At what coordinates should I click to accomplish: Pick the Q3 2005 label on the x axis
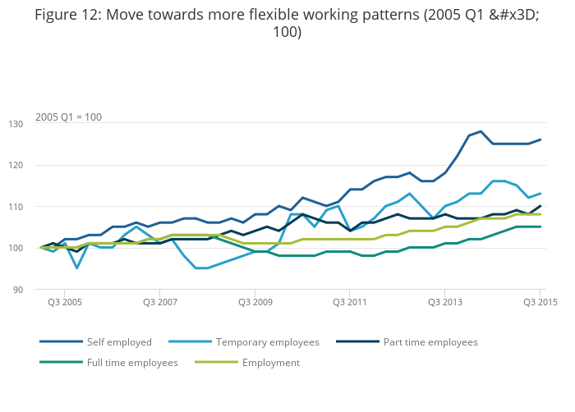point(65,303)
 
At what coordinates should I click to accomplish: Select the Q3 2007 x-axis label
point(160,303)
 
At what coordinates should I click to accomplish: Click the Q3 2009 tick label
point(255,303)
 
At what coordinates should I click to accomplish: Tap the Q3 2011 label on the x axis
point(350,303)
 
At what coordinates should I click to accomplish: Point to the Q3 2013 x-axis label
point(444,303)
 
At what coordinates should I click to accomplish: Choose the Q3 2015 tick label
point(540,303)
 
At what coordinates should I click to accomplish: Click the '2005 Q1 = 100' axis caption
point(68,117)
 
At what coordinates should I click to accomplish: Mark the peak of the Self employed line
point(481,131)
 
